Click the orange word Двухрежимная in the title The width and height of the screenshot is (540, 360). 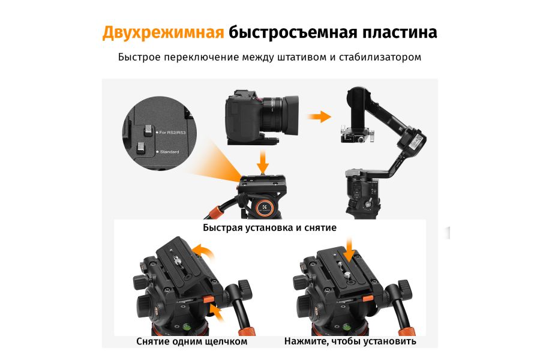coord(163,32)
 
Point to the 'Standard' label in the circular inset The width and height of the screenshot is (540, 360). coord(170,152)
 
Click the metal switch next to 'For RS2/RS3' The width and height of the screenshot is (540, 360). coord(148,129)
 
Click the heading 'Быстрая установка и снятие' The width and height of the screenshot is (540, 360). coord(269,228)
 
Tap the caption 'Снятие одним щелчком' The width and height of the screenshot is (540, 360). coord(191,341)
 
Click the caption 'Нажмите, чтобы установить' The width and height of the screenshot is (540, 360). coord(350,341)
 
